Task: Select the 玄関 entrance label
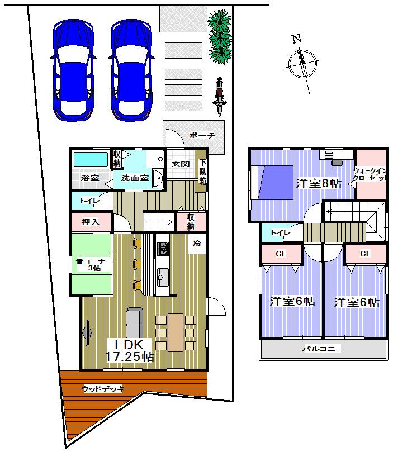click(x=181, y=164)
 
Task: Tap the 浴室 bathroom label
click(x=89, y=178)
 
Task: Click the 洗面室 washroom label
click(x=135, y=178)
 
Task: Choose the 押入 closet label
click(x=90, y=222)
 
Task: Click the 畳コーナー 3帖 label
click(x=91, y=265)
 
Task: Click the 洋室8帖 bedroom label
click(x=318, y=183)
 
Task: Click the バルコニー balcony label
click(x=323, y=349)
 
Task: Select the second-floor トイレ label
click(x=280, y=232)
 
